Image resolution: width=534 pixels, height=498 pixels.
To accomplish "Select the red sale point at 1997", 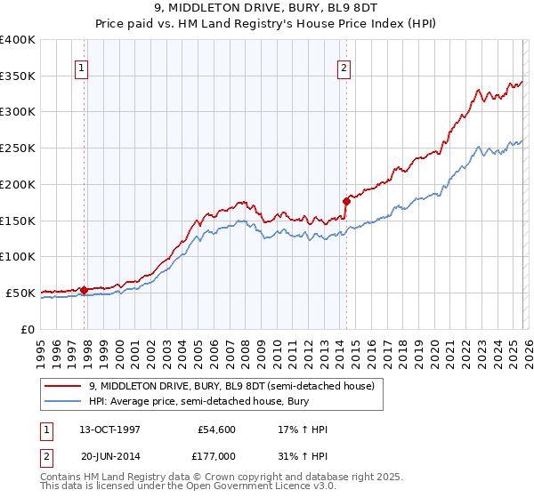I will (x=84, y=289).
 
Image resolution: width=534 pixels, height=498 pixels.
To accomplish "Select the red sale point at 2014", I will (x=346, y=201).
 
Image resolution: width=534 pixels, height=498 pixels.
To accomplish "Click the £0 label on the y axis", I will (x=27, y=329).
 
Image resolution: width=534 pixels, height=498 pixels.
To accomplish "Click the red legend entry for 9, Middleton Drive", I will (x=236, y=386).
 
